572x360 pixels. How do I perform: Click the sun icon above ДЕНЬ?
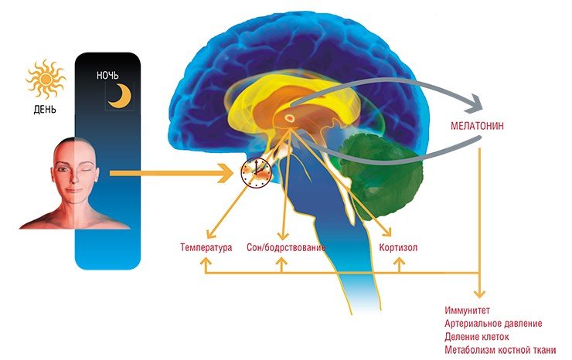pos(46,79)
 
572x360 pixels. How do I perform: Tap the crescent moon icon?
pos(121,96)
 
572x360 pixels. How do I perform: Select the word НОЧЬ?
pos(107,76)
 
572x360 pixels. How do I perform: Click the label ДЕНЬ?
pos(45,110)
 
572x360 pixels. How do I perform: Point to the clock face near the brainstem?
pos(256,172)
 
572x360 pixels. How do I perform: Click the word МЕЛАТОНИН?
pos(477,126)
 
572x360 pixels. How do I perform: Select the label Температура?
pos(206,247)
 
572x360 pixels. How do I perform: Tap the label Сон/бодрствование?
pos(286,248)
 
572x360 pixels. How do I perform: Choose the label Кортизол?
pos(398,248)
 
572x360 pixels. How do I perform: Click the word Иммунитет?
pos(468,311)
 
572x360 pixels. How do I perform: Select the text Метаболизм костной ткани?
pos(500,350)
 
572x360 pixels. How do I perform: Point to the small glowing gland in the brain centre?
pos(289,118)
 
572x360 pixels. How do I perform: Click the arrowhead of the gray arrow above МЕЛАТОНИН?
pos(475,104)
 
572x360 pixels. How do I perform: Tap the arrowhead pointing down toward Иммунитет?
pos(480,294)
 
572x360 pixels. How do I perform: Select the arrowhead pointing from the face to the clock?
pos(226,173)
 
